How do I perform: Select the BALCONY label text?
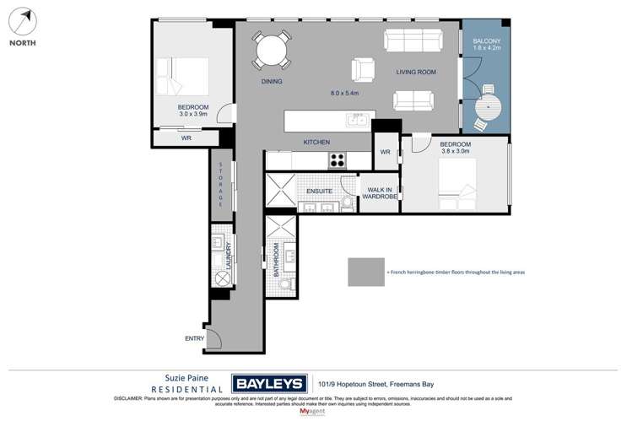[x=485, y=40]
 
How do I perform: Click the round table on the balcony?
[x=489, y=108]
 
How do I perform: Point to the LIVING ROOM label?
[x=416, y=73]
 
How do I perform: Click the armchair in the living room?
[x=365, y=71]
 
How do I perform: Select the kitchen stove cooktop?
[x=338, y=160]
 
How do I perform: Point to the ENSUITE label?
[x=319, y=192]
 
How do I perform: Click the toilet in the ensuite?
[x=348, y=203]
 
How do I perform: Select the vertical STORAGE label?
[x=220, y=183]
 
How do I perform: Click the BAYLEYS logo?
[x=268, y=382]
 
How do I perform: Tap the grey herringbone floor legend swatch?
[x=365, y=272]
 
